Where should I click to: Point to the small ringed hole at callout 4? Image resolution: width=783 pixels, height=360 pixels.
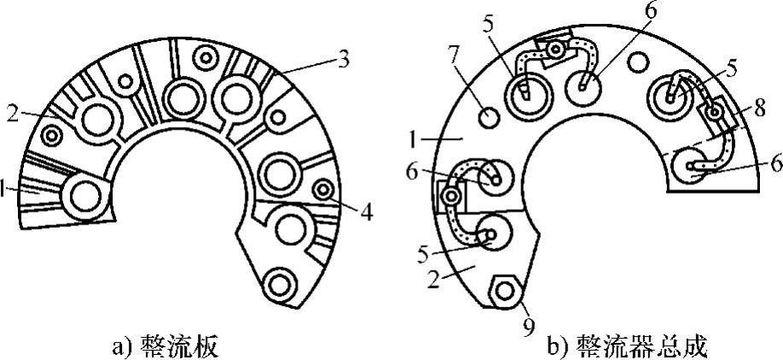pos(323,189)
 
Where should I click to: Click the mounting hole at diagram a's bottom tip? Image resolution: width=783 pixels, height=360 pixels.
pos(278,282)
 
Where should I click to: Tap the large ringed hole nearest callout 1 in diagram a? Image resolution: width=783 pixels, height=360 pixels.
pos(85,195)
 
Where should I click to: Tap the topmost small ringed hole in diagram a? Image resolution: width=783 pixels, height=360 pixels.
pos(206,58)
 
